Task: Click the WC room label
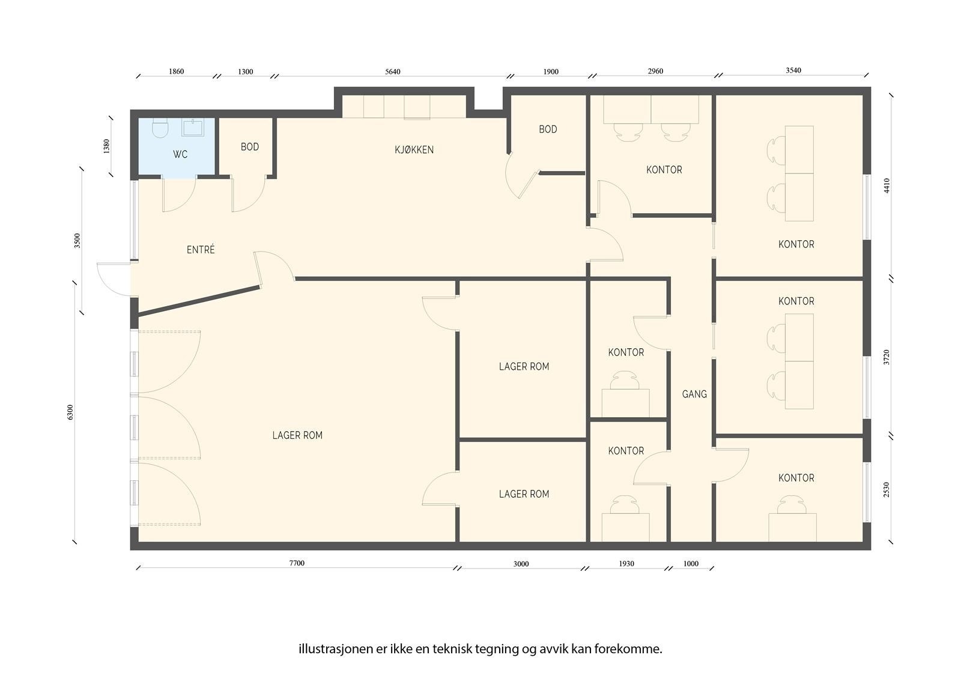pos(180,154)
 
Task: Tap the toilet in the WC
pos(160,128)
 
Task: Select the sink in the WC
pos(193,127)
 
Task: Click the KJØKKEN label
pos(414,149)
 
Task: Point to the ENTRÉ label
pos(201,249)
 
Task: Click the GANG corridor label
pos(694,394)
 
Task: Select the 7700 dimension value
pos(297,563)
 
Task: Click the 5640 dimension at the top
pos(393,71)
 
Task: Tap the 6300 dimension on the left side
pos(70,412)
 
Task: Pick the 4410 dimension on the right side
pos(887,186)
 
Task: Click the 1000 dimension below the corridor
pos(691,564)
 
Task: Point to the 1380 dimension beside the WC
pos(106,146)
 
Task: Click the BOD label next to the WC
pos(250,146)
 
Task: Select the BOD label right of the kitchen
pos(548,129)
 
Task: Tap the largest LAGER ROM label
pos(297,435)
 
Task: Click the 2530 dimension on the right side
pos(887,489)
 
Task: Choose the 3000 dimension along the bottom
pos(521,564)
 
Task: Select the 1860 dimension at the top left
pos(176,71)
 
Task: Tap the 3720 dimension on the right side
pos(887,357)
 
